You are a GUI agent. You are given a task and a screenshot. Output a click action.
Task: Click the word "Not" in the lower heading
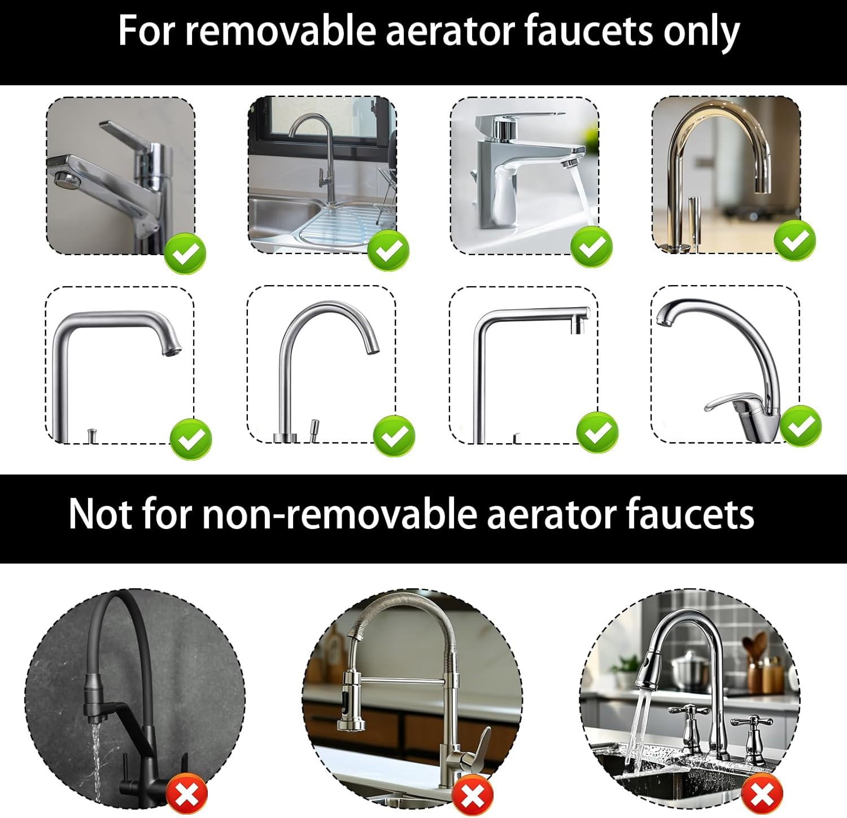pyautogui.click(x=100, y=514)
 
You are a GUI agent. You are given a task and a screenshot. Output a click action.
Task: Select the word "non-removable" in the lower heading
pyautogui.click(x=338, y=514)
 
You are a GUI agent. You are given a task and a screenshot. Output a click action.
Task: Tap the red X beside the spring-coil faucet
pyautogui.click(x=473, y=795)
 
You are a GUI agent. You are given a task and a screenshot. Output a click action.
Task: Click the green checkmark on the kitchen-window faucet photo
pyautogui.click(x=388, y=250)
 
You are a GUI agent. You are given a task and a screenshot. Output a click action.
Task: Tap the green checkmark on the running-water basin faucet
pyautogui.click(x=591, y=246)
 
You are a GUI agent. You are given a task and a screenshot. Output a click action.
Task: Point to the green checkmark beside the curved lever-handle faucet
pyautogui.click(x=801, y=426)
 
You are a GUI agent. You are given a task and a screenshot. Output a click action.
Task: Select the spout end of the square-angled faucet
pyautogui.click(x=578, y=325)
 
